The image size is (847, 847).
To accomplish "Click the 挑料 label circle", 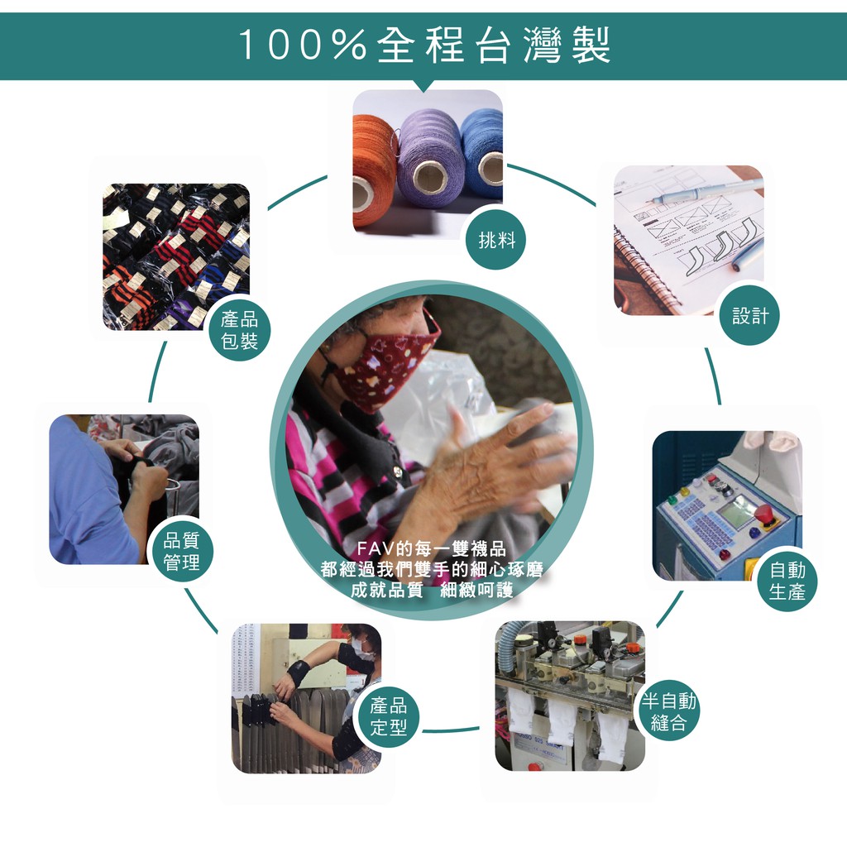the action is coord(496,240).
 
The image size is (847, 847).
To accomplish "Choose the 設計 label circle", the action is coord(749,315).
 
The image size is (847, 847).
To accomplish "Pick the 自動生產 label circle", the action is coord(787,581).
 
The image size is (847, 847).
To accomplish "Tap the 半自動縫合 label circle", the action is coord(668,711).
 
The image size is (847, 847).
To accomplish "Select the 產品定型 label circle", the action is coord(389,716).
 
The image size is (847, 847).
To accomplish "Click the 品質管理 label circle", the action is coord(181,551).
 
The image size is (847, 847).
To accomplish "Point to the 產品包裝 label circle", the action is coord(239,329).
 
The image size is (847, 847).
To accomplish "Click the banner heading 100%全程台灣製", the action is coord(424,45).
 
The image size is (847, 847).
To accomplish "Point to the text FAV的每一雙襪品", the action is coord(431,549).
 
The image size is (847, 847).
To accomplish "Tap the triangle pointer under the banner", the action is coord(424,86).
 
